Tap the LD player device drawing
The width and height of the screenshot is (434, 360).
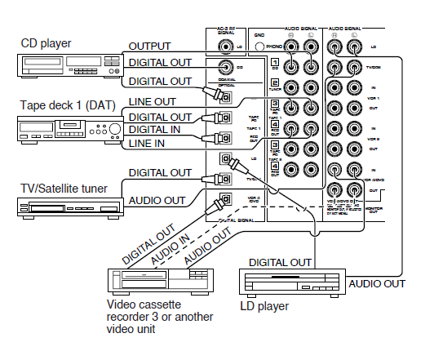[281, 282]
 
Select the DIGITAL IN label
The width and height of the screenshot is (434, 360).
[156, 130]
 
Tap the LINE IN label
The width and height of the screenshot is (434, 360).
[146, 144]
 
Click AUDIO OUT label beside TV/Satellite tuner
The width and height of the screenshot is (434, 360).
[155, 200]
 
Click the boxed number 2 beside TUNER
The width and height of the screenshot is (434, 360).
[275, 82]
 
